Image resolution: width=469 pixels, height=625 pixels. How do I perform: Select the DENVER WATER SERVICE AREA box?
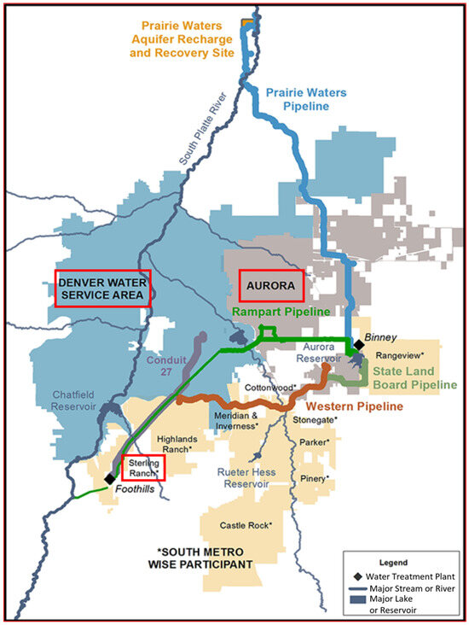[x=102, y=288]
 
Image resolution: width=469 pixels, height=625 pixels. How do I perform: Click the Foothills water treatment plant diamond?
[x=109, y=479]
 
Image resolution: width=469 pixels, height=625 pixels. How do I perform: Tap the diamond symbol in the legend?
[x=349, y=577]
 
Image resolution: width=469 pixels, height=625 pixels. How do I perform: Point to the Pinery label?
[x=315, y=478]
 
